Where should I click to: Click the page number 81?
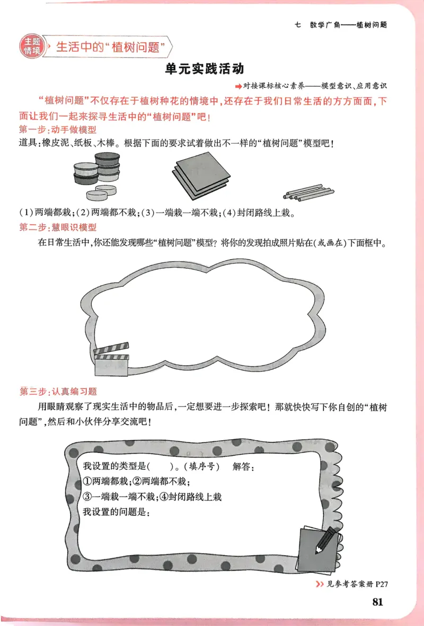tap(377, 602)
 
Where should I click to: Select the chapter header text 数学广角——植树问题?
tap(349, 25)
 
